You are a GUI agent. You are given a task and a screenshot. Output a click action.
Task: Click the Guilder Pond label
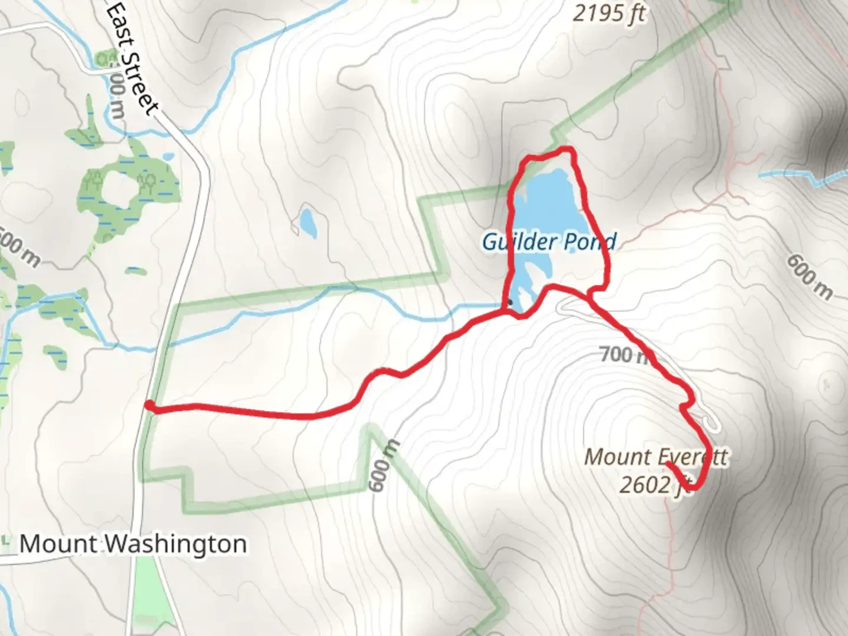tap(549, 241)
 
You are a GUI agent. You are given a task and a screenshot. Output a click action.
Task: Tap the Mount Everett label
tap(655, 457)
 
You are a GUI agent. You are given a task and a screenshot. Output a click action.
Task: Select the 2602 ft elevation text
tap(654, 485)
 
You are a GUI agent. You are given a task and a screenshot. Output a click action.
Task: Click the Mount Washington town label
tap(133, 544)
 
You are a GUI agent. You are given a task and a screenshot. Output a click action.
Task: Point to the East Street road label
tap(134, 59)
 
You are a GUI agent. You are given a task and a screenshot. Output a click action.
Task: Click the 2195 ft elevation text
tap(609, 12)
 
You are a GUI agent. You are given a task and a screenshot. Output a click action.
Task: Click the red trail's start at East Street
tap(150, 405)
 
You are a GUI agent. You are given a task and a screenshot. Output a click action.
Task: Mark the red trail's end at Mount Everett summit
tap(668, 464)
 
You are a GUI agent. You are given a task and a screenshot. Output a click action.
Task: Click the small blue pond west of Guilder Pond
tap(307, 220)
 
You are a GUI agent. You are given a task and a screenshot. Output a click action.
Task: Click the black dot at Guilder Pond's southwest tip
tap(510, 302)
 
